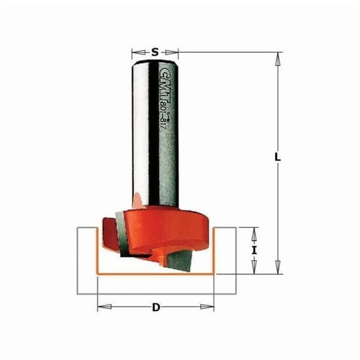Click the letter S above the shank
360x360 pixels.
tap(155, 52)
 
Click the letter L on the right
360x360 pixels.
tap(276, 158)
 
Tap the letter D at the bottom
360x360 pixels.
tap(156, 308)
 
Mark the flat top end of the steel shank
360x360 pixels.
tap(155, 58)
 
